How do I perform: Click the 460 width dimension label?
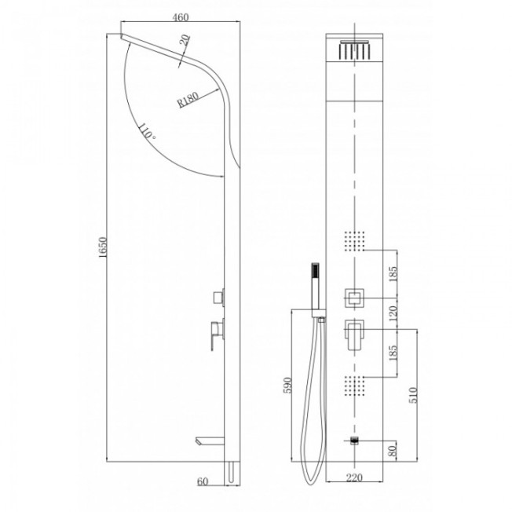point(181,17)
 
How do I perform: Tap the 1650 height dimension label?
point(103,247)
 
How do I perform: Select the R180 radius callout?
point(188,100)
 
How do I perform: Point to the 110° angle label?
point(146,131)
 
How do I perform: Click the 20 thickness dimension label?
point(185,40)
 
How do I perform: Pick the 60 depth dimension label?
point(203,481)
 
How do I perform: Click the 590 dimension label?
point(287,386)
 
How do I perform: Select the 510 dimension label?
point(413,395)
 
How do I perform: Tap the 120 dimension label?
point(393,313)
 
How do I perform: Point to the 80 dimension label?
point(393,451)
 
